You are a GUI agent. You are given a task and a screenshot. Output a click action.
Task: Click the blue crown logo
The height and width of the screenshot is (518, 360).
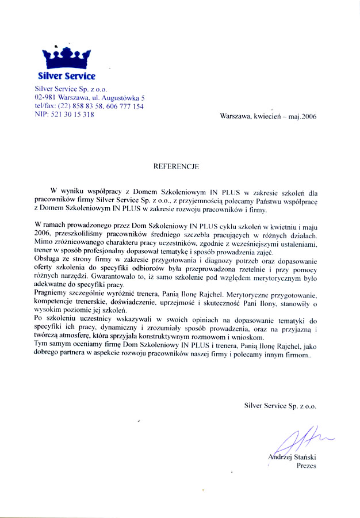(x=67, y=58)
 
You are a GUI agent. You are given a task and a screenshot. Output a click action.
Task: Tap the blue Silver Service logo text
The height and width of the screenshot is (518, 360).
(x=67, y=76)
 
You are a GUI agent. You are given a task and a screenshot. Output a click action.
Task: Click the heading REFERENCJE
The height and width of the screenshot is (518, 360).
(x=176, y=166)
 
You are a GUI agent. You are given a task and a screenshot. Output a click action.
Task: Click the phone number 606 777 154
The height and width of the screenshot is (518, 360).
(x=127, y=106)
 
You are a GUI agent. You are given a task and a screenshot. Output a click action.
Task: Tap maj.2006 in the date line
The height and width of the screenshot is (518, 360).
(x=301, y=116)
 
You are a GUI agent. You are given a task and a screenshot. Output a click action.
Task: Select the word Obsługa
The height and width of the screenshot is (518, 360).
(x=48, y=261)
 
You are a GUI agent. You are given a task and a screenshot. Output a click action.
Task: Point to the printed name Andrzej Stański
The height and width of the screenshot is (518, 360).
(x=292, y=457)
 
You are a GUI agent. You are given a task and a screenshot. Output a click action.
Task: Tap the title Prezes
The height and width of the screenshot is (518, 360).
(x=307, y=466)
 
